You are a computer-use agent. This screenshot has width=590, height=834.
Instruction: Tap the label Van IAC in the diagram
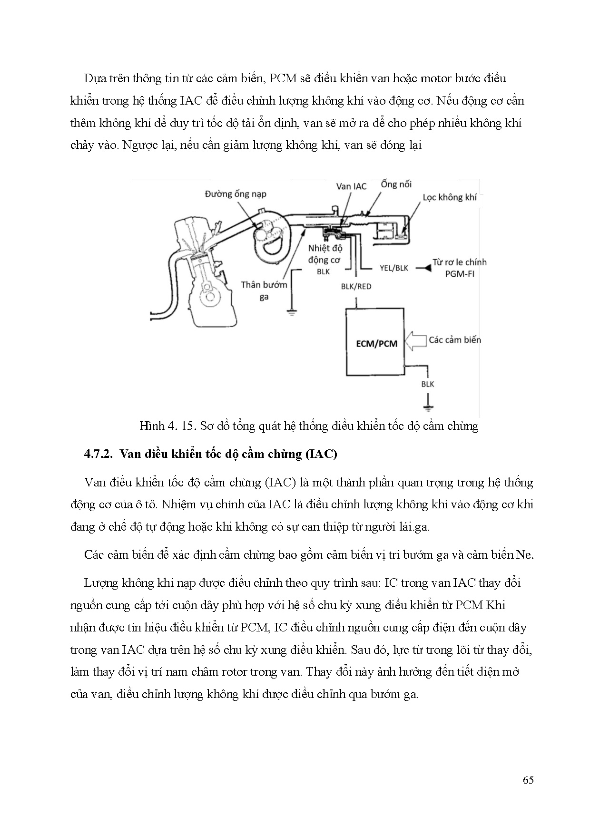351,186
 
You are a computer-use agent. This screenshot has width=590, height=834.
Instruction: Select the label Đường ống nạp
236,194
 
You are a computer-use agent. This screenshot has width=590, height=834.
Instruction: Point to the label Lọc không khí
450,197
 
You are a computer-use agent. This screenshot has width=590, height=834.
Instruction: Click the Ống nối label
396,184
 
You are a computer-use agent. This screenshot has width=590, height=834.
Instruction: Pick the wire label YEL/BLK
394,268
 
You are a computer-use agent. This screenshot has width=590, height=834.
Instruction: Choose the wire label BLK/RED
356,287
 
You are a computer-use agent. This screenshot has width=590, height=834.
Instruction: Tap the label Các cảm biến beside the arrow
454,340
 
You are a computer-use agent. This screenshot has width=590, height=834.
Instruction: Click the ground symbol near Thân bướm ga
289,312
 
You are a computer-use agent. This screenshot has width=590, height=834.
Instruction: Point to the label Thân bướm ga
264,291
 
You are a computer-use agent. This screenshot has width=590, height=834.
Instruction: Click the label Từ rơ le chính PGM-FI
459,268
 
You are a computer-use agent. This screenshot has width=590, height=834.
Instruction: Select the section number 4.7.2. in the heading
98,454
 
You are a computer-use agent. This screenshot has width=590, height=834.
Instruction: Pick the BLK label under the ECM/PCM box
428,384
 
